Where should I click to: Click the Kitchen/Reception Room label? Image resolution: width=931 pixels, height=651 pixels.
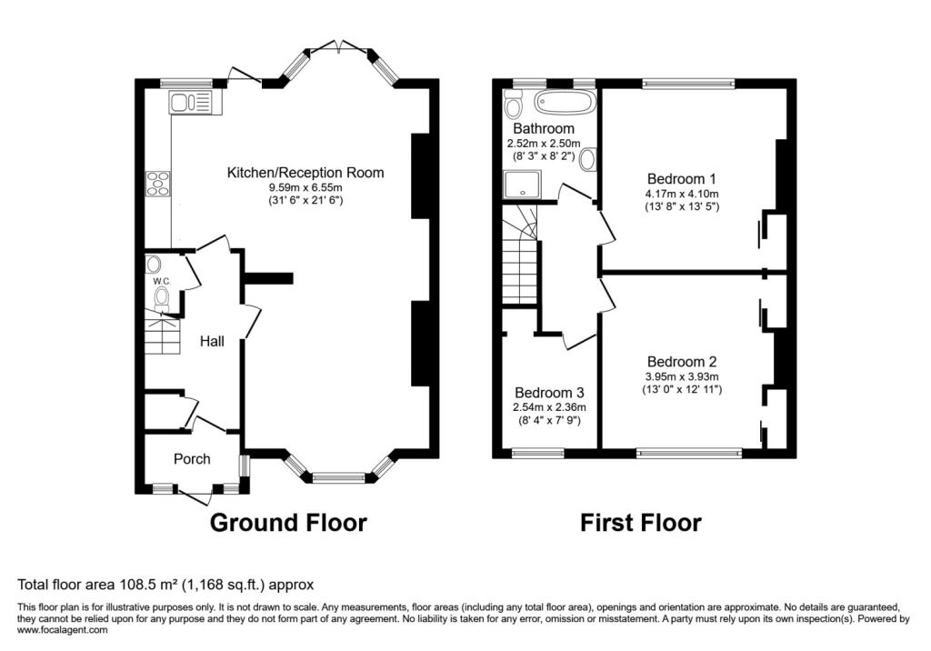click(305, 173)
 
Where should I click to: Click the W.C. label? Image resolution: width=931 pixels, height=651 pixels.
click(162, 282)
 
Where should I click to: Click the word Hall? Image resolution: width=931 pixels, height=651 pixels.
click(213, 341)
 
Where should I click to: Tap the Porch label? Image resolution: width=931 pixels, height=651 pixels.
click(192, 459)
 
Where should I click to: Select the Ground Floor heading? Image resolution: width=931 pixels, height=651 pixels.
click(288, 523)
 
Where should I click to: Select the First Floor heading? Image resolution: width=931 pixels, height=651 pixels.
click(641, 523)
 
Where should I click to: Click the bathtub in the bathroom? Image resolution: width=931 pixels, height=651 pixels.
click(564, 102)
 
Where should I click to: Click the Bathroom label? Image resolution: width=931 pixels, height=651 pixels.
click(544, 129)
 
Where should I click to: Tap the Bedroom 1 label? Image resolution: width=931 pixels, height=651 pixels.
click(682, 178)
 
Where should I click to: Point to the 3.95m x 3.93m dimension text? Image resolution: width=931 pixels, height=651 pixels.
click(682, 377)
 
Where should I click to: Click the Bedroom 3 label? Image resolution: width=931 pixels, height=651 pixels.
click(549, 392)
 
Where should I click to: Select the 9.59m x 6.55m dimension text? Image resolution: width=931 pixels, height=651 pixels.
click(305, 187)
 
